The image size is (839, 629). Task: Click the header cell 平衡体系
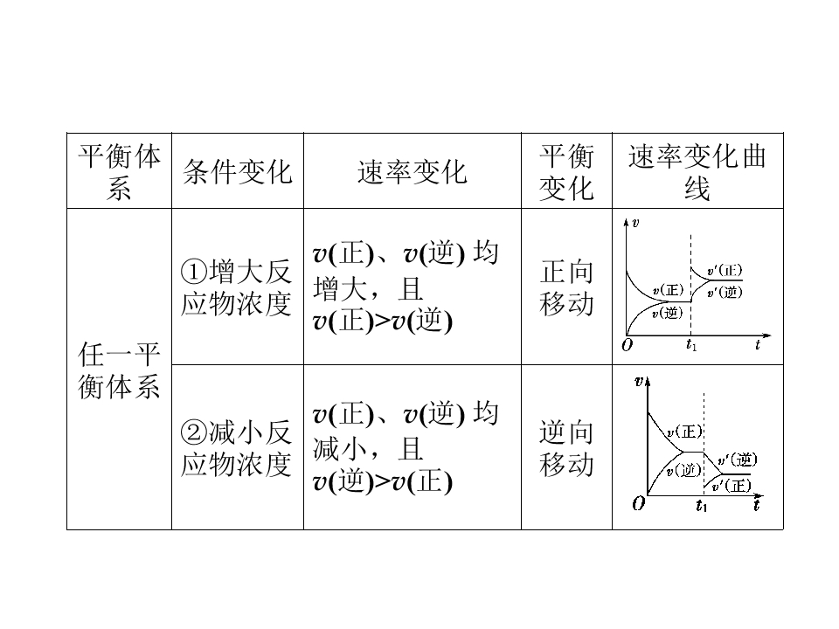(x=119, y=171)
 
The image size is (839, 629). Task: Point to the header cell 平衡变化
(x=566, y=171)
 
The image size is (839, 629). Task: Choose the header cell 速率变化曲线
(x=697, y=171)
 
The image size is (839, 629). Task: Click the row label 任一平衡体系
(x=119, y=370)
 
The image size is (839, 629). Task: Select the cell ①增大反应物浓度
(x=237, y=287)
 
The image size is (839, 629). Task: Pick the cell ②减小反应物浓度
(x=237, y=447)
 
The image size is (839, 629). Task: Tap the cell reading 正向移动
(x=566, y=287)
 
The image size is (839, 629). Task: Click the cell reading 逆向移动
(x=566, y=447)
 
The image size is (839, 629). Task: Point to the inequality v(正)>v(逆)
(x=383, y=321)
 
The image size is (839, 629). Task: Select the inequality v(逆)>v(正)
(x=383, y=481)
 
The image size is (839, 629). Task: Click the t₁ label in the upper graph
(x=691, y=345)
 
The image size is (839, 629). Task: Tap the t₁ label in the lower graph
(x=702, y=505)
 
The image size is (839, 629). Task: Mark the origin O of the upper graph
(x=628, y=345)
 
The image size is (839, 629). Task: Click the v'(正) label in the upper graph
(x=725, y=270)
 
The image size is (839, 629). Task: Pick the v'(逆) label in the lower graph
(x=738, y=459)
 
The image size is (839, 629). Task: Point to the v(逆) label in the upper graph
(x=667, y=313)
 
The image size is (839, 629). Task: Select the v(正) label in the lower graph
(x=684, y=431)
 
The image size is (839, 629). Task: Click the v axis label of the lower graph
(x=639, y=381)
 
